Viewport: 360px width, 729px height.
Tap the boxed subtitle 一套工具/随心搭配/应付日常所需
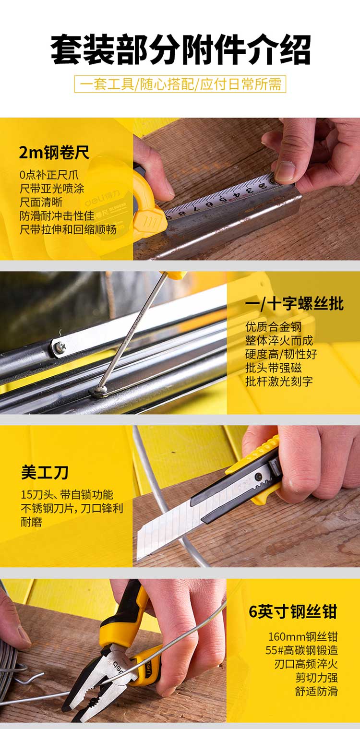coord(180,84)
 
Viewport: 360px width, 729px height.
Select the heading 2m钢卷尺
coord(54,152)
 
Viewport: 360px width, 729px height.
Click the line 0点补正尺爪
coord(49,175)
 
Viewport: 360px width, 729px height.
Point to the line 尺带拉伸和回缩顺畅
coord(68,229)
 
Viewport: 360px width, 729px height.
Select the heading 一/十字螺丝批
coord(294,304)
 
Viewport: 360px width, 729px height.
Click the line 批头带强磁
coord(274,368)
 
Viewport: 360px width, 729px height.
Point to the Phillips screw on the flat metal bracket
coord(60,347)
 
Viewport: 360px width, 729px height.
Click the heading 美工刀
coord(45,473)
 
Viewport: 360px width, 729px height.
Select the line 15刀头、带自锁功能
coord(67,495)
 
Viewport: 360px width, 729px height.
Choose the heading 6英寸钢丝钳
coord(293,611)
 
